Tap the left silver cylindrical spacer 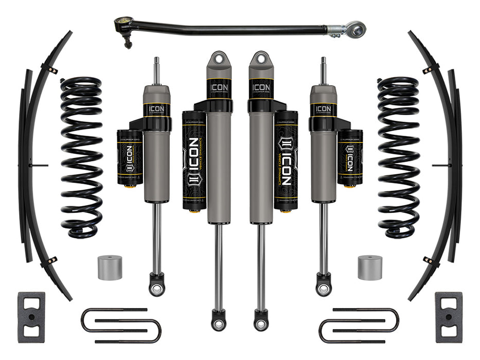click(x=110, y=267)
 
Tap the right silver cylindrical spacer click(x=370, y=267)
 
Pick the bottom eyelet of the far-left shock click(x=156, y=285)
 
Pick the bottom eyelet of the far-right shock click(x=324, y=285)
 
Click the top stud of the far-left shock click(x=156, y=69)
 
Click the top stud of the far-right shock click(x=324, y=69)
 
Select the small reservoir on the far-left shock click(x=130, y=157)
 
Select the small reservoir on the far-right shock click(x=350, y=157)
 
